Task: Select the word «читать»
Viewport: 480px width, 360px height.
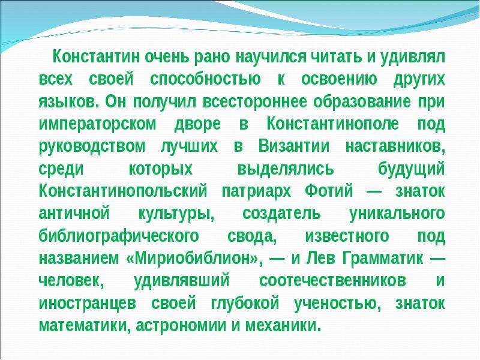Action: click(336, 57)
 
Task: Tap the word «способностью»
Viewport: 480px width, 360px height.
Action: click(205, 80)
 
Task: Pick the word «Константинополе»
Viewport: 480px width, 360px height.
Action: click(333, 124)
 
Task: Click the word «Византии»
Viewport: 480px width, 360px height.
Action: click(294, 146)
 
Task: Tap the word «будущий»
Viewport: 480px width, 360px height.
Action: click(412, 169)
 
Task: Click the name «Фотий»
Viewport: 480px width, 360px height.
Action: click(329, 191)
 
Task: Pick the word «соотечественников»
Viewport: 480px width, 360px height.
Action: click(333, 281)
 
